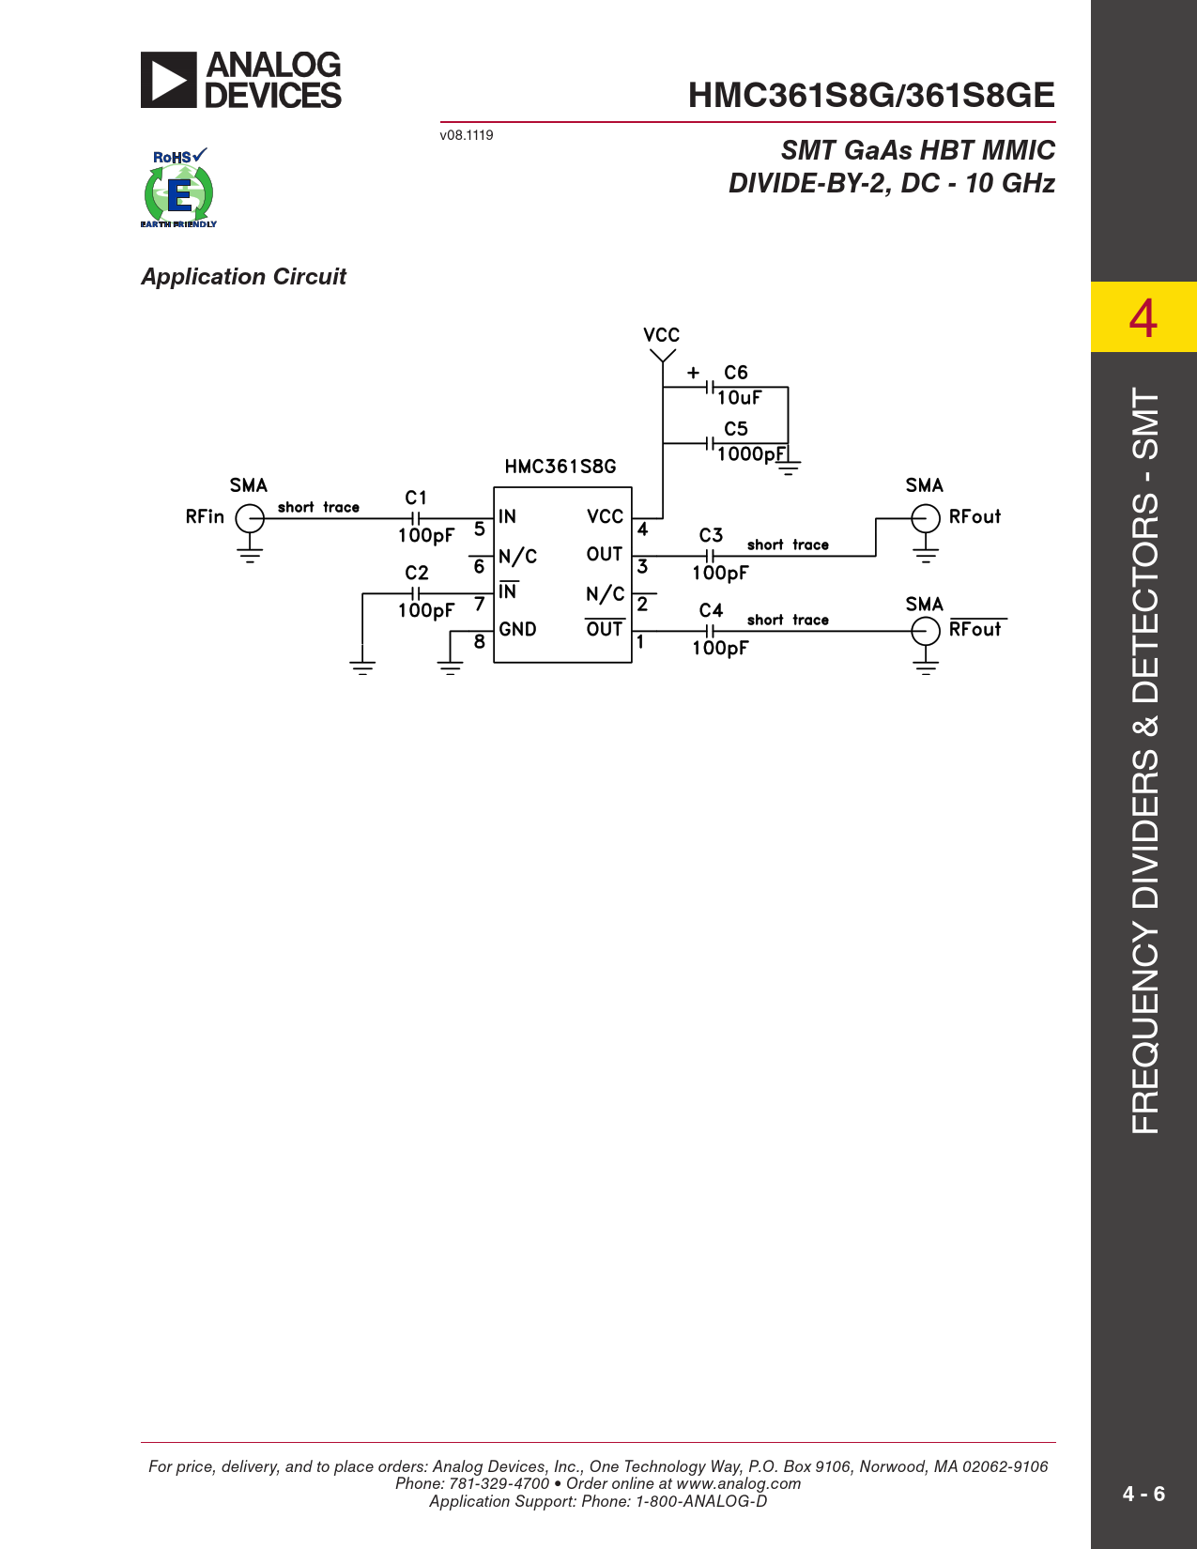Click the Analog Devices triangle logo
[x=168, y=80]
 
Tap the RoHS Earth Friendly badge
[x=178, y=188]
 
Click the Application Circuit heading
[x=243, y=277]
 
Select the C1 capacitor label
[x=416, y=497]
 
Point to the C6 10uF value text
[x=739, y=398]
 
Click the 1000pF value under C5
[x=751, y=454]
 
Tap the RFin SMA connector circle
[x=250, y=518]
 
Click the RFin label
[x=205, y=517]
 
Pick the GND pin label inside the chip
[x=517, y=629]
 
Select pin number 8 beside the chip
[x=480, y=641]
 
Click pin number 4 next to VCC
[x=642, y=529]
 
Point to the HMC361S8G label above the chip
[x=560, y=467]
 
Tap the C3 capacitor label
[x=711, y=534]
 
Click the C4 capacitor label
[x=711, y=610]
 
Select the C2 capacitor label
[x=416, y=573]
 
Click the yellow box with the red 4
[x=1143, y=316]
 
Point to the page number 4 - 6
[x=1143, y=1494]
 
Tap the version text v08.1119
[x=467, y=135]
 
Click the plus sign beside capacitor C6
[x=693, y=372]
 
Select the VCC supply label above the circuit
[x=662, y=335]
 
